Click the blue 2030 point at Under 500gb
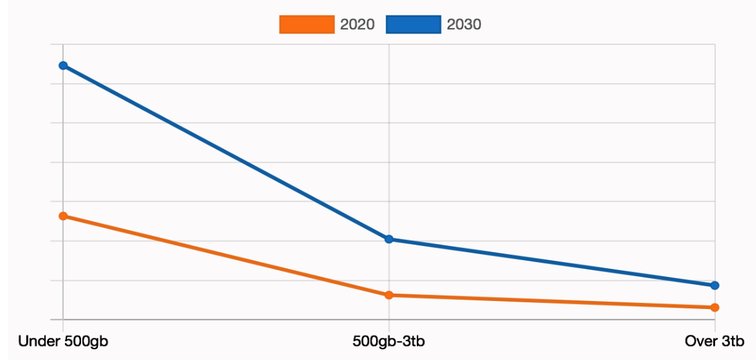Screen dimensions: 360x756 coord(63,66)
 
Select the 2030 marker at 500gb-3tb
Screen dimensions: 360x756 coord(389,239)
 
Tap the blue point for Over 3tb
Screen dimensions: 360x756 coord(714,286)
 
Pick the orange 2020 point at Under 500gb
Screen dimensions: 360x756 coord(63,217)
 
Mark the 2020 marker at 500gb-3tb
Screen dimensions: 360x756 coord(389,295)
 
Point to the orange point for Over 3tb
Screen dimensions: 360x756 coord(714,308)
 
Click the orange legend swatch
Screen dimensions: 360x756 coord(306,25)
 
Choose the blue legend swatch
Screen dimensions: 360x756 coord(414,25)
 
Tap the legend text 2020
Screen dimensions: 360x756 coord(357,25)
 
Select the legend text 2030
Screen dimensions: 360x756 coord(464,25)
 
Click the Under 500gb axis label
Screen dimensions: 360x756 coord(63,342)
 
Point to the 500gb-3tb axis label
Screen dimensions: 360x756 coord(389,342)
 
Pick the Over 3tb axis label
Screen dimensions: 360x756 coord(714,342)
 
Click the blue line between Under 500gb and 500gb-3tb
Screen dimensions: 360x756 coord(226,152)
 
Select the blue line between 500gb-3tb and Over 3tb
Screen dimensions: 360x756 coord(552,262)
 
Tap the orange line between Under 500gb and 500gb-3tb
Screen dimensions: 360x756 coord(226,255)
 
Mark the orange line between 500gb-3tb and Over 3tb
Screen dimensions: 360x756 coord(552,301)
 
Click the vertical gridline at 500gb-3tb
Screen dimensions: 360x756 coord(389,134)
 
